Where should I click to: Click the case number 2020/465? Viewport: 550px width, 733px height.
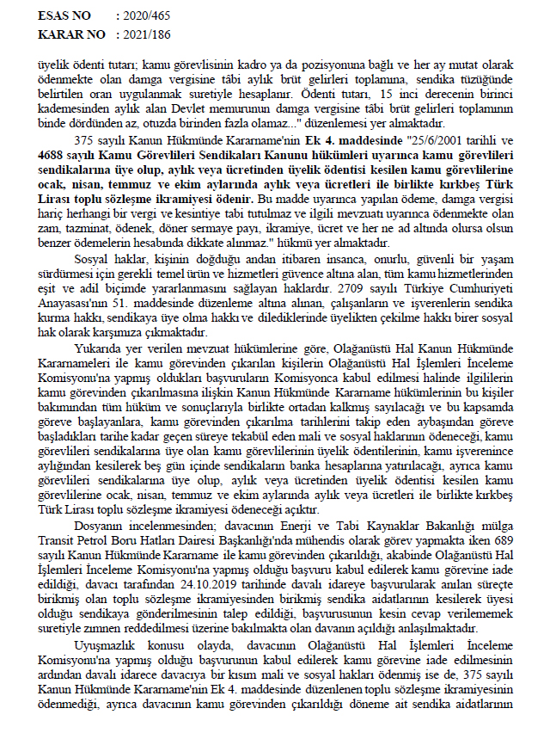150,15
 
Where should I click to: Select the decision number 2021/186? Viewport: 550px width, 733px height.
150,34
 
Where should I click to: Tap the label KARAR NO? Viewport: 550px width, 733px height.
68,34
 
